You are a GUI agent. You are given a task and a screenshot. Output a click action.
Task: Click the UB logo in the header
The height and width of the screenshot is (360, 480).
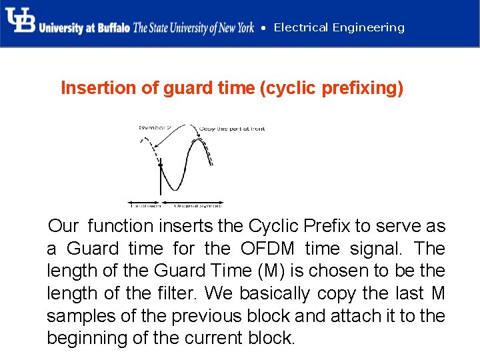coord(20,21)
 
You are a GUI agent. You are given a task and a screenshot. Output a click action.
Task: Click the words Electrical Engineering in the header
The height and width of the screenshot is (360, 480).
coord(339,27)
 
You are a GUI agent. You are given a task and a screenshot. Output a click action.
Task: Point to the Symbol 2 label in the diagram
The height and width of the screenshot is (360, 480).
coord(155,127)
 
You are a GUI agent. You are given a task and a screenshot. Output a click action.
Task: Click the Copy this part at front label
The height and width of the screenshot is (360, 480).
coord(232,128)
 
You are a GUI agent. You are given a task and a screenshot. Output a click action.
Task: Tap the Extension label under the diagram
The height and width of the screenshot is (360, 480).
coord(145,204)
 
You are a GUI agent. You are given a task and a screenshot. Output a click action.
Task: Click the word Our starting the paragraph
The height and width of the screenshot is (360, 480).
coord(63,226)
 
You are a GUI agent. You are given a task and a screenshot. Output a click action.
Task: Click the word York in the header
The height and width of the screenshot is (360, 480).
coord(242,28)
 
